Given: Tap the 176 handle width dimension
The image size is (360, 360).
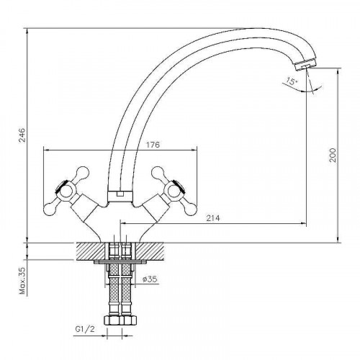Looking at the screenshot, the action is [x=153, y=145].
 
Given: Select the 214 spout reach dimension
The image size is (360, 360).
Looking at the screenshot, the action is [x=213, y=218].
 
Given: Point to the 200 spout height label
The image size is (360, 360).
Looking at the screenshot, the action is [x=333, y=155].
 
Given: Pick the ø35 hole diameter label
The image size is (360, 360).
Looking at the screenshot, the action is [x=150, y=279].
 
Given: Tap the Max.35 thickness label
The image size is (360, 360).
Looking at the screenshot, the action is [x=23, y=281].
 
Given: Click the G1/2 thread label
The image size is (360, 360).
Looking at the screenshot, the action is [x=85, y=329].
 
